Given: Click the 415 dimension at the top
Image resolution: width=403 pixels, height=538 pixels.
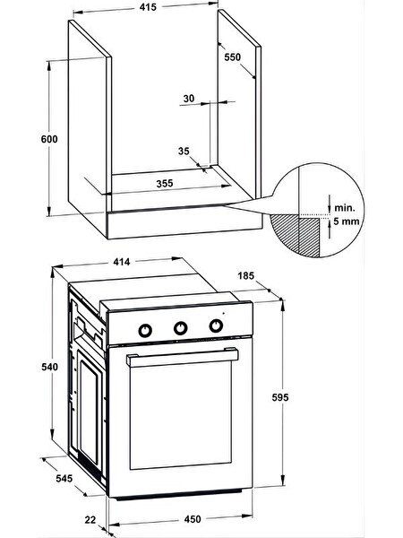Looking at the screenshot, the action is [x=148, y=7].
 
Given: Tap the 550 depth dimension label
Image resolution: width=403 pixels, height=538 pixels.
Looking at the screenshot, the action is [x=232, y=57].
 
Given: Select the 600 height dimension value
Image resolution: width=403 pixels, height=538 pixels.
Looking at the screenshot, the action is [x=49, y=139].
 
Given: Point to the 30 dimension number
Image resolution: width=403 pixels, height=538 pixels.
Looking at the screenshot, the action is [x=188, y=99].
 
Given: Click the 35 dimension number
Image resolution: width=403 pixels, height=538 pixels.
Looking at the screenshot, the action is [x=184, y=151].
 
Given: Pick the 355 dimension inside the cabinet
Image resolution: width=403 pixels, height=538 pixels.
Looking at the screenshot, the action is [x=165, y=184].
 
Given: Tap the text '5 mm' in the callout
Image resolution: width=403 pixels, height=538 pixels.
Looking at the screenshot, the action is [x=347, y=221].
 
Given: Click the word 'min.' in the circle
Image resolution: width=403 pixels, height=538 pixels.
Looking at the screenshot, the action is [x=345, y=208].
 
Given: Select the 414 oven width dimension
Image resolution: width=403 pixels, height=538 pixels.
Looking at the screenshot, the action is [x=122, y=262].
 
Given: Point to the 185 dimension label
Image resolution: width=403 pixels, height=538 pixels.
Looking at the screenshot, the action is [x=246, y=275].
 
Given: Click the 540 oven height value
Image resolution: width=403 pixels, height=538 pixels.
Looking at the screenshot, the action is [x=49, y=367].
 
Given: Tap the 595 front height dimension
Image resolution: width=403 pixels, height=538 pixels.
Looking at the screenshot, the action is [x=280, y=397].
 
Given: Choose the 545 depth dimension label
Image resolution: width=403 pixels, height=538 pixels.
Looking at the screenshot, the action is [x=64, y=478].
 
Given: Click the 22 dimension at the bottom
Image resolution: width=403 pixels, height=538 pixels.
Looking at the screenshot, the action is [x=90, y=520].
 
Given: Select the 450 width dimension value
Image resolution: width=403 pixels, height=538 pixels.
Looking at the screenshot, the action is [x=193, y=519].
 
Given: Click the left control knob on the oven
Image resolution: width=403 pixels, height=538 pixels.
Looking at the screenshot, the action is [x=145, y=330].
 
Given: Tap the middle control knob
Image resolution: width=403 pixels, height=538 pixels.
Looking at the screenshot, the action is [x=181, y=327].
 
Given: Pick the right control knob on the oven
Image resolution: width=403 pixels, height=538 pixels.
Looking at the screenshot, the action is [x=216, y=325].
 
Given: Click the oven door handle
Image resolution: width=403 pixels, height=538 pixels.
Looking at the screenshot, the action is [x=183, y=357].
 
